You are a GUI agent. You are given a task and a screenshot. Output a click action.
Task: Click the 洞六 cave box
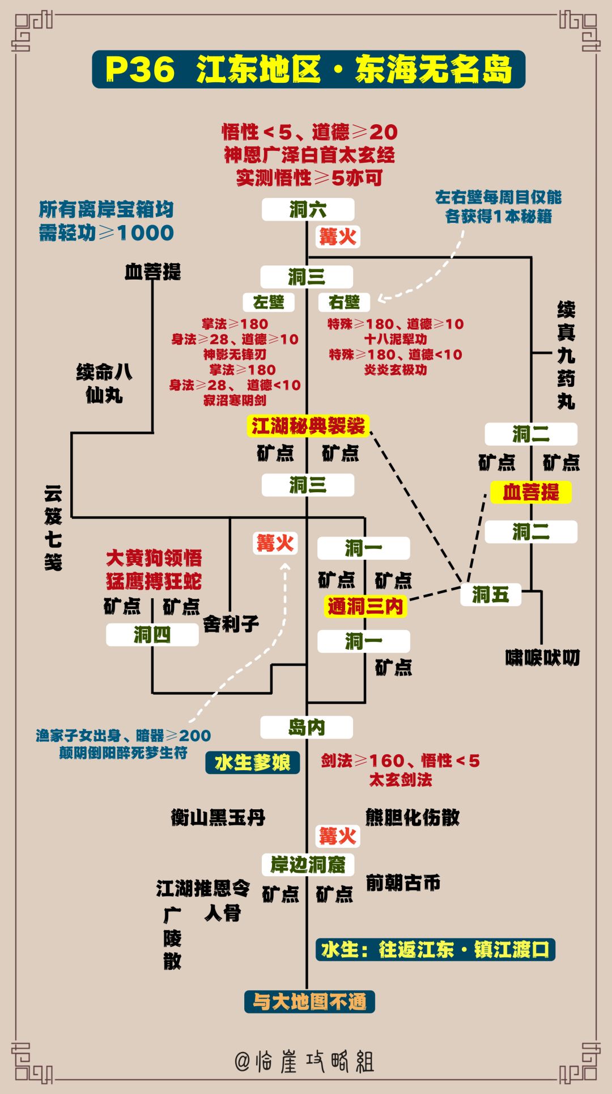coord(308,210)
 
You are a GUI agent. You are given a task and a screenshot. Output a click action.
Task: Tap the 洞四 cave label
coord(152,635)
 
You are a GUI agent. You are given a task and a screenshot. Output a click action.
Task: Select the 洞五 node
coord(491,594)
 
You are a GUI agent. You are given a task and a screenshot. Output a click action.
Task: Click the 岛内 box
coord(307,727)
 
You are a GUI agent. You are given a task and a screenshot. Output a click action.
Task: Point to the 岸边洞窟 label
coord(308,864)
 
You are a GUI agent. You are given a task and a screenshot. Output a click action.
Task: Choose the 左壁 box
coord(269,302)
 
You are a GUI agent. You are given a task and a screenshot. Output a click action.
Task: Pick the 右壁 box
coord(344,302)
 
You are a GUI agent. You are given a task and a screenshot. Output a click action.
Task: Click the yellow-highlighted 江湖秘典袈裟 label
coord(308,426)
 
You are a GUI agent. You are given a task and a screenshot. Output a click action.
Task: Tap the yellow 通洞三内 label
coord(365,606)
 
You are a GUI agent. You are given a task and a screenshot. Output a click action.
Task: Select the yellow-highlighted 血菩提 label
coord(531,492)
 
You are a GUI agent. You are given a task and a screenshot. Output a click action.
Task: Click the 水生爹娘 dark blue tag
coord(252,763)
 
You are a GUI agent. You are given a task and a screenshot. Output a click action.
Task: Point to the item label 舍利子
coord(231,624)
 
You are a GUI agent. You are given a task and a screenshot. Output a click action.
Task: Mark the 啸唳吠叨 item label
coord(543,657)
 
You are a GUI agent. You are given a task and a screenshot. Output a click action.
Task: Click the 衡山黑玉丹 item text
coord(218,817)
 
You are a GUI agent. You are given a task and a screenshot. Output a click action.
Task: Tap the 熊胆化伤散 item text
coord(413,817)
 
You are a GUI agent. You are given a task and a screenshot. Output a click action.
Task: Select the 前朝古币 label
coord(403,882)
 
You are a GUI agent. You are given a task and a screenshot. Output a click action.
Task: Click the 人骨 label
coord(223,913)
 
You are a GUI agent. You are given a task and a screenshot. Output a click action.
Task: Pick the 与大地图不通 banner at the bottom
coord(309,1002)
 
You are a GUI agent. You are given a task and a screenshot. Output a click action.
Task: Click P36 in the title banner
coord(139,70)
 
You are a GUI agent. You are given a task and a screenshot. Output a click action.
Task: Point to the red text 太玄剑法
coord(401,780)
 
